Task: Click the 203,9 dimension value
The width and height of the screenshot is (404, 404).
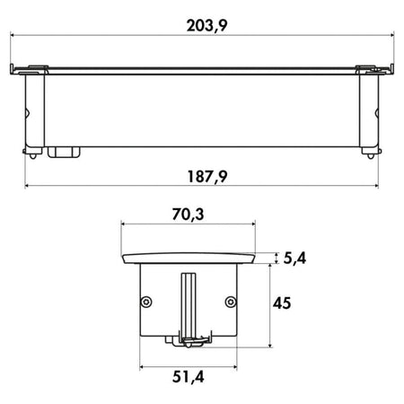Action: (206, 25)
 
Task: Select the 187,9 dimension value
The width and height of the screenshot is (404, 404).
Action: (207, 176)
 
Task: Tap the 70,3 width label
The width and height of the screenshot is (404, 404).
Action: (188, 215)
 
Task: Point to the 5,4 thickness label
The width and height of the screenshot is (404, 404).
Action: (294, 258)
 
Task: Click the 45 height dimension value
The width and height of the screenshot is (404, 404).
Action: (282, 303)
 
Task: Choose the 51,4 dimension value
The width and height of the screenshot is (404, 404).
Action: (189, 377)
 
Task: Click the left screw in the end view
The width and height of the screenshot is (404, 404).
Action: (146, 302)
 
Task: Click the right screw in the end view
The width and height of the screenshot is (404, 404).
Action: (231, 302)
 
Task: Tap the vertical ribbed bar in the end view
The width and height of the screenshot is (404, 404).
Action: (189, 305)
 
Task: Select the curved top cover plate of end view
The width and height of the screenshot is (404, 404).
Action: (189, 259)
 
